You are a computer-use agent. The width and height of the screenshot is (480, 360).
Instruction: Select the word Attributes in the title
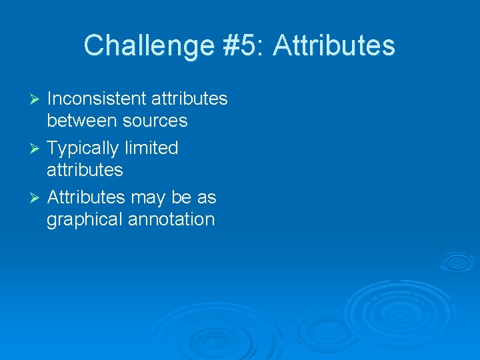click(334, 46)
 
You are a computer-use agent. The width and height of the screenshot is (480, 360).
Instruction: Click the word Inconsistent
click(97, 99)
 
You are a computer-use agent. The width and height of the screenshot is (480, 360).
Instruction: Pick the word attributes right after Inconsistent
click(189, 99)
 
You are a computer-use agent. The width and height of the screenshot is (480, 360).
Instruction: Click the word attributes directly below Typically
click(85, 170)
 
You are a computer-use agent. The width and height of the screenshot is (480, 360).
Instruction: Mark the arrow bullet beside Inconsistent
click(37, 99)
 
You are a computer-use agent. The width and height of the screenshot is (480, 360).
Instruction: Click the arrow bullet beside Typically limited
click(37, 149)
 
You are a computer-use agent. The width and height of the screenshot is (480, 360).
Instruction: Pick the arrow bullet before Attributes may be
click(37, 198)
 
